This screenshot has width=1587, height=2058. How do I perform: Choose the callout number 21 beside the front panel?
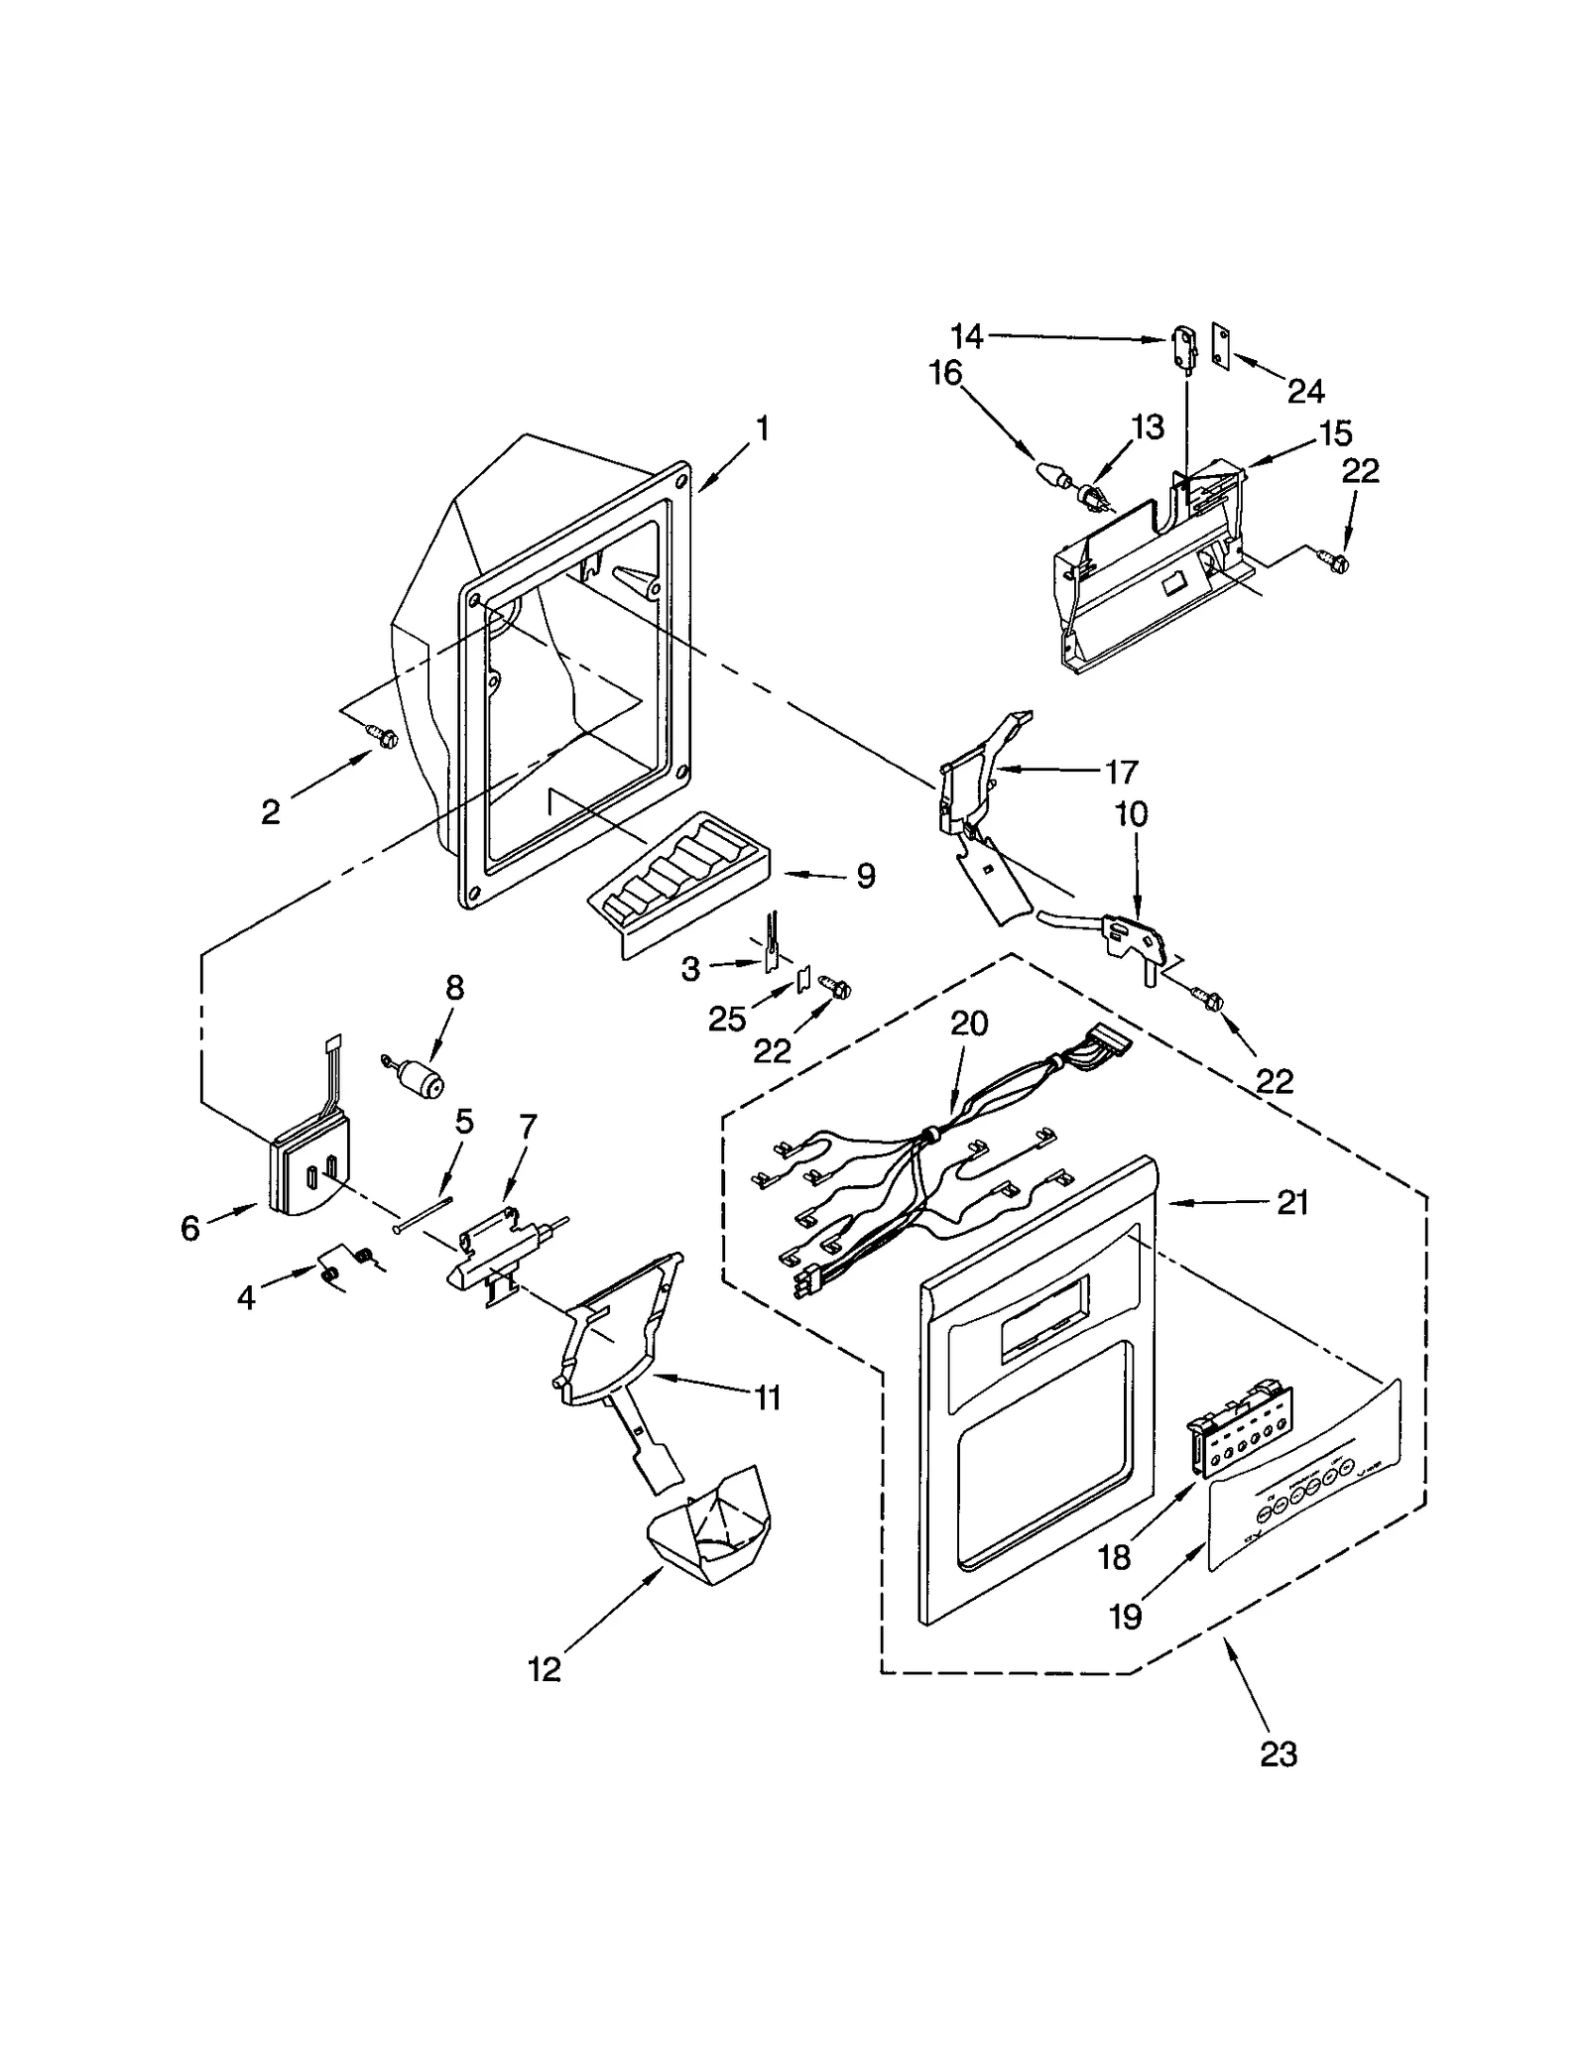click(x=1291, y=1203)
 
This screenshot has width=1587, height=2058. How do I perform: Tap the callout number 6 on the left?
click(x=189, y=1228)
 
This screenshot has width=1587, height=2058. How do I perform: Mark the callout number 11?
click(x=767, y=1397)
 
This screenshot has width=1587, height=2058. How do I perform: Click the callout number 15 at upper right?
click(x=1335, y=433)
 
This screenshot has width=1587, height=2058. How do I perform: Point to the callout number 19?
click(x=1125, y=1617)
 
